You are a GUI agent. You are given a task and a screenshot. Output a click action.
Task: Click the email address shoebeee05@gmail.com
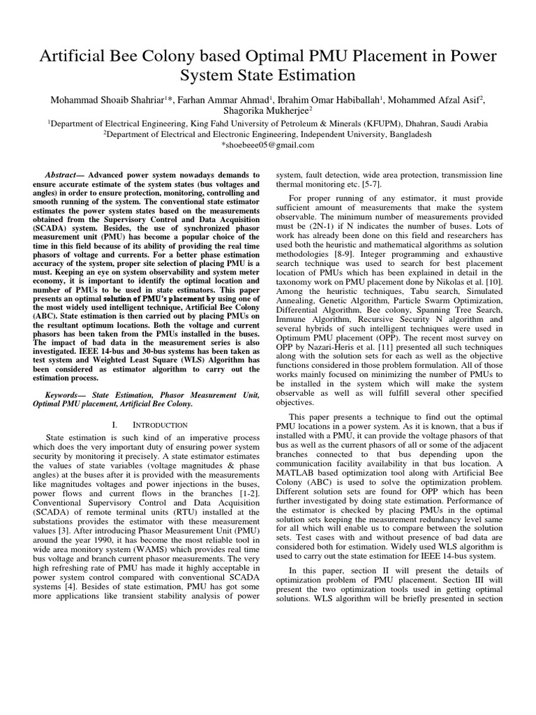[267, 145]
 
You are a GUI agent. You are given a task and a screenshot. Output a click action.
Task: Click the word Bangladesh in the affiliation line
[408, 133]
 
